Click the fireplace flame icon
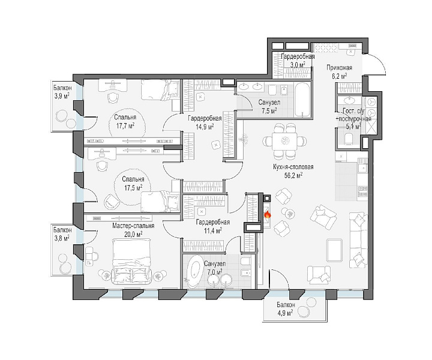(267, 214)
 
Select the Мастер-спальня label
(133, 226)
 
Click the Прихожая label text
(340, 68)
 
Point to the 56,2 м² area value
(293, 175)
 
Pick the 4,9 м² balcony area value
(285, 313)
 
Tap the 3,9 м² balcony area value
(61, 95)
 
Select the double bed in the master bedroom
(131, 261)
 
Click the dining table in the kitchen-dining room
(285, 141)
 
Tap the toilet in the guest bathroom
(349, 138)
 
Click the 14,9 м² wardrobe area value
(205, 127)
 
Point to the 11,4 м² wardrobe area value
(212, 230)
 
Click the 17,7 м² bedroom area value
(125, 126)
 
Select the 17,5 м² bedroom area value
(133, 187)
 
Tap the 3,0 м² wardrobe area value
(298, 64)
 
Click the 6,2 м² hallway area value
(339, 76)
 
